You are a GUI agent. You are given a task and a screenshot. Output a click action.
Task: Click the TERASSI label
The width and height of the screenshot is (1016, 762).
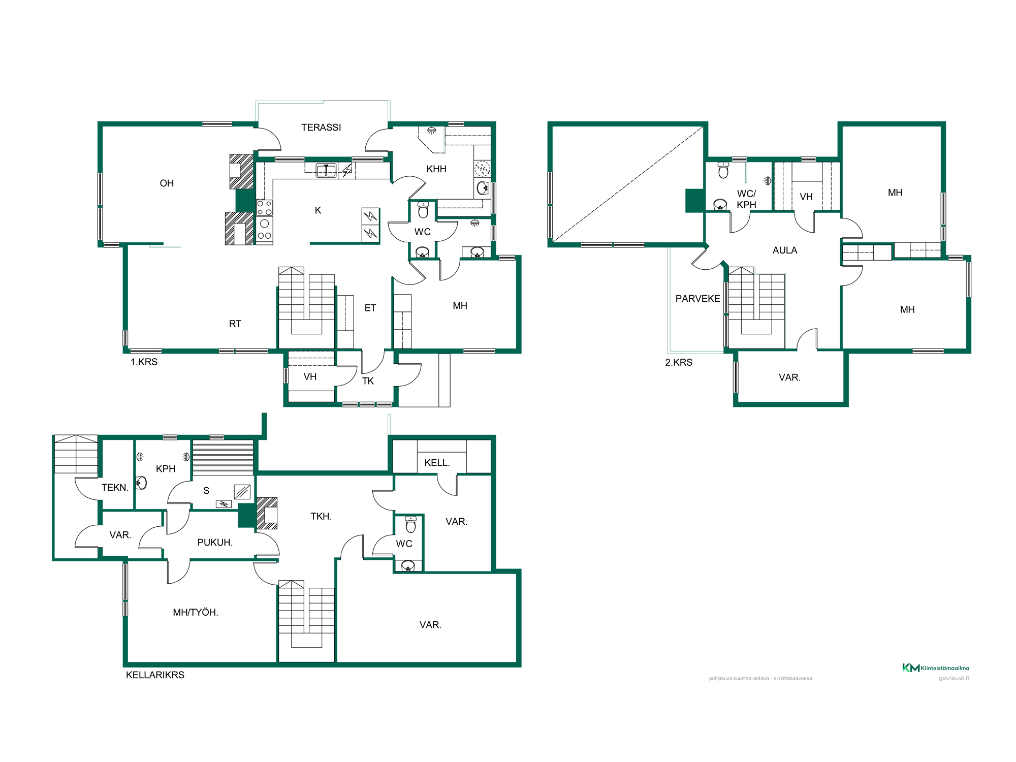click(321, 128)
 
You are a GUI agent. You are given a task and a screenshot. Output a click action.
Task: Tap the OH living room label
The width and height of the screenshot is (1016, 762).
click(167, 183)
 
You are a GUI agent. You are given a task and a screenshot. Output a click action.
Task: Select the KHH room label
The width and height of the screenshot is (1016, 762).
click(436, 169)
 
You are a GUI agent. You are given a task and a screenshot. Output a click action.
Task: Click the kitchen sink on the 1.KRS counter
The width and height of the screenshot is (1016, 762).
click(326, 171)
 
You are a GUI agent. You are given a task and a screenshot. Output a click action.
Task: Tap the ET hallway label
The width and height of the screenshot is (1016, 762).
click(370, 308)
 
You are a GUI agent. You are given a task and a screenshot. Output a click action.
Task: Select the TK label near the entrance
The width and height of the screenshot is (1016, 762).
click(368, 381)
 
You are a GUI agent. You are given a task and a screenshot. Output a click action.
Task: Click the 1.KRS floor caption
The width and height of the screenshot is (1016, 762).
click(144, 362)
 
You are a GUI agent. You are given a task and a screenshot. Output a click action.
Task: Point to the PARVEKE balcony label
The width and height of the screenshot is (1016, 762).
click(697, 299)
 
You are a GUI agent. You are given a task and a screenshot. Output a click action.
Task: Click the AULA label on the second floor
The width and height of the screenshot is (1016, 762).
click(785, 250)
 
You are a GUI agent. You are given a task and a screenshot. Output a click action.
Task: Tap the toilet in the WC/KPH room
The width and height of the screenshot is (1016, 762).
click(723, 170)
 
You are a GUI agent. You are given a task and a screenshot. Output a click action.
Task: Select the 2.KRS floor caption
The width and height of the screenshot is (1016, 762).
click(679, 363)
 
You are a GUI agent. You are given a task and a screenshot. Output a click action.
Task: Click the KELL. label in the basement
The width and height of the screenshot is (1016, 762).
click(437, 463)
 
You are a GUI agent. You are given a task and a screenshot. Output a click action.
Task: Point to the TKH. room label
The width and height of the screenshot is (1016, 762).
click(321, 517)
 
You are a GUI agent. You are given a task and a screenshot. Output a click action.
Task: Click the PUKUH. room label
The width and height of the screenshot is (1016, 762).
click(215, 543)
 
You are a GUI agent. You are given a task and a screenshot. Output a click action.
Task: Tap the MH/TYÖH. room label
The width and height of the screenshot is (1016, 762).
click(196, 613)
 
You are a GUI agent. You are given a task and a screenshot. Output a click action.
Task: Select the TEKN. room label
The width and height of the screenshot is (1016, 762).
click(115, 488)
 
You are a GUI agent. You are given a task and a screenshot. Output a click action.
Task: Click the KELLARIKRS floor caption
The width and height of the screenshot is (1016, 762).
click(155, 675)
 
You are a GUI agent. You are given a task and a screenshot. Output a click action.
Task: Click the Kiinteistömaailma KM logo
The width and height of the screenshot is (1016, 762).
click(936, 668)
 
